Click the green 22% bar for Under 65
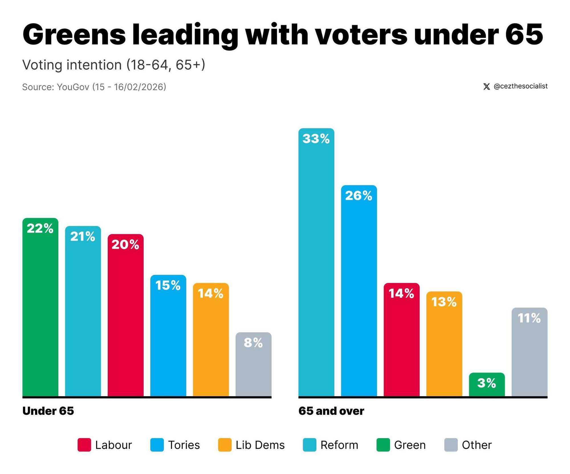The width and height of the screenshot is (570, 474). tap(40, 307)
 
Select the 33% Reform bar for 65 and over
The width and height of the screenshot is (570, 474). tap(316, 262)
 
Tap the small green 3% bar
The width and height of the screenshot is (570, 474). tap(486, 384)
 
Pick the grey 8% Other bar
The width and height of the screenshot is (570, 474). tap(253, 364)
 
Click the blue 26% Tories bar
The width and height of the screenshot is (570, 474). tap(359, 290)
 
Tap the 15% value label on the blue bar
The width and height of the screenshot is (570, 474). tap(168, 285)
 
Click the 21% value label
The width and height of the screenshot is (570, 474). tap(83, 236)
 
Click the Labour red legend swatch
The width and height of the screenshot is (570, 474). tap(84, 445)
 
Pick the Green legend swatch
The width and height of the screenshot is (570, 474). tap(383, 445)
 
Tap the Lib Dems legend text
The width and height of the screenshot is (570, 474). tap(260, 445)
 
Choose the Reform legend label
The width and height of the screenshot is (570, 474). tap(339, 445)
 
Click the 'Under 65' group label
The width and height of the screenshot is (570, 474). tap(48, 411)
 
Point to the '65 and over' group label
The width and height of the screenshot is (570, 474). tap(331, 411)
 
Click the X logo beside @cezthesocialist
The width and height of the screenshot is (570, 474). tap(486, 86)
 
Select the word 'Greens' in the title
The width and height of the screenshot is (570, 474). tap(74, 35)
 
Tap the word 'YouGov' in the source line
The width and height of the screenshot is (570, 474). tap(73, 87)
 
